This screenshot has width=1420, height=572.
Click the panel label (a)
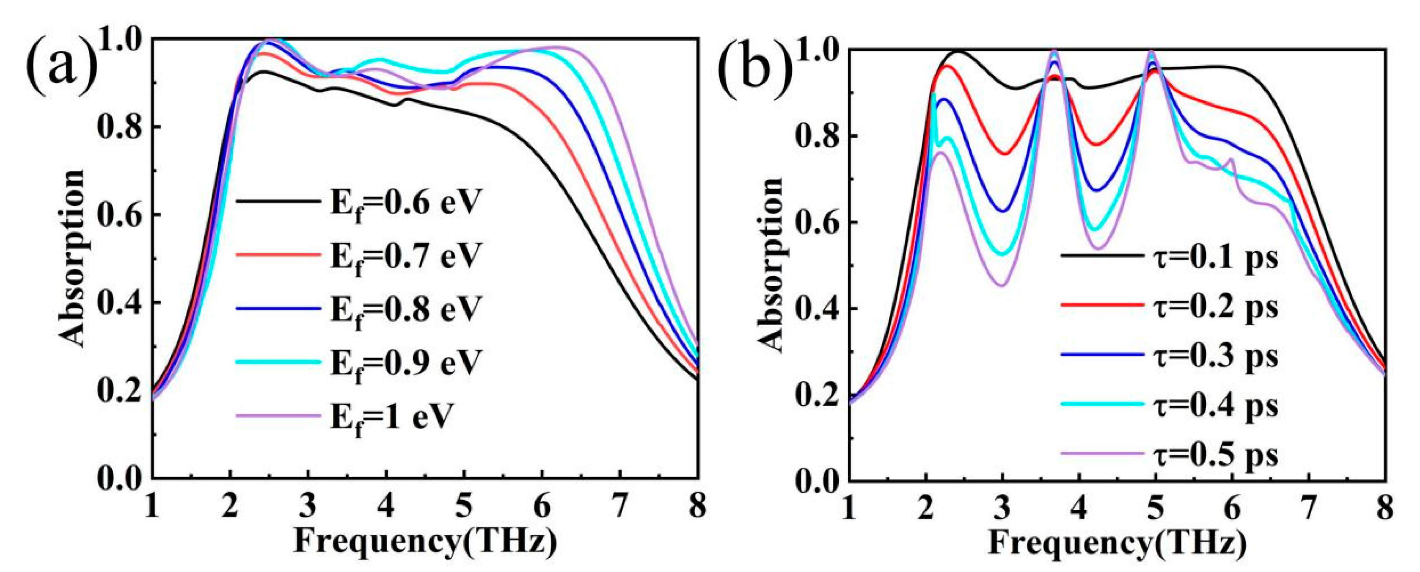pos(61,58)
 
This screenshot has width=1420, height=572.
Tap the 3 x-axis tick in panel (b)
pos(1003,504)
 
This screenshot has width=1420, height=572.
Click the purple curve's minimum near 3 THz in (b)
pos(1002,285)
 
